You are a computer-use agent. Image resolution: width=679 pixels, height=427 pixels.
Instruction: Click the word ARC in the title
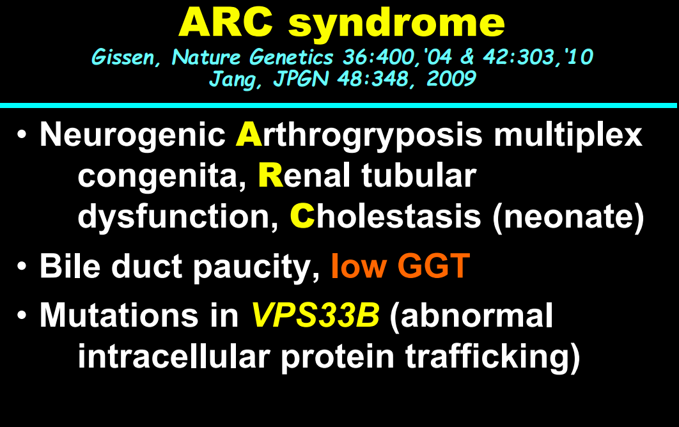[x=226, y=22]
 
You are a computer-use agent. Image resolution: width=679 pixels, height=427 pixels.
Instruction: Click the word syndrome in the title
[x=396, y=25]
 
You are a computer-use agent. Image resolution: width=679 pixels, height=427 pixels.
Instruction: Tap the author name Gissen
[x=123, y=58]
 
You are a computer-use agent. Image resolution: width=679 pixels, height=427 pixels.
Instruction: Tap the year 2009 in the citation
[x=451, y=79]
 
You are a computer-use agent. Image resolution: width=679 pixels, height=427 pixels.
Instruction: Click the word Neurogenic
[x=132, y=136]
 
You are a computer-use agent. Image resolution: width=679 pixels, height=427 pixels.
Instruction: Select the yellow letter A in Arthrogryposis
[x=249, y=134]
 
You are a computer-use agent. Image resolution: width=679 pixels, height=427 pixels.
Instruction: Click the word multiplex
[x=568, y=136]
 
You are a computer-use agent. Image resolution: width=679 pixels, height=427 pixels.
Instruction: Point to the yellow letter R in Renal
[x=270, y=175]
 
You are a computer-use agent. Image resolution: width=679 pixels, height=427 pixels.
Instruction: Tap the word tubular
[x=419, y=175]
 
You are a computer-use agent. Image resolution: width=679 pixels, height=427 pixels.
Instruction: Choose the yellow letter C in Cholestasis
[x=302, y=215]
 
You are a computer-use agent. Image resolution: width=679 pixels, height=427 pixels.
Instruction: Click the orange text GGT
[x=433, y=265]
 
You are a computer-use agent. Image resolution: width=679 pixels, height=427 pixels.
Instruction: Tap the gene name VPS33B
[x=316, y=314]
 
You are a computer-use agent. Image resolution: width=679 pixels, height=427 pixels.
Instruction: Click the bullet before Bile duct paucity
[x=22, y=267]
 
